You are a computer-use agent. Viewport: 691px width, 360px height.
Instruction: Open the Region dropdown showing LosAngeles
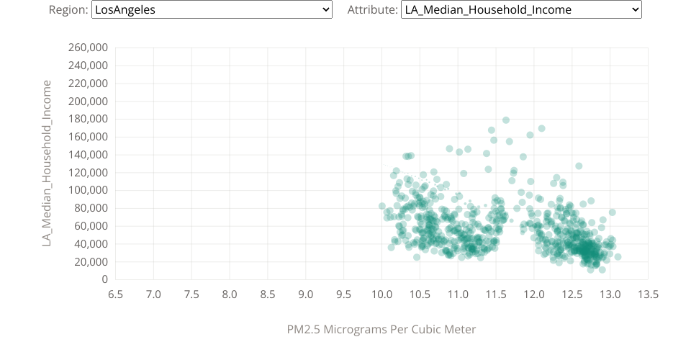212,9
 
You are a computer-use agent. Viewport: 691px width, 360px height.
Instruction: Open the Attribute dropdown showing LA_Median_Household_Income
520,9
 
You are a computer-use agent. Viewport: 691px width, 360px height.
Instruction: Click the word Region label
68,9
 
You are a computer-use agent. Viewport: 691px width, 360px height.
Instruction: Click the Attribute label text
371,9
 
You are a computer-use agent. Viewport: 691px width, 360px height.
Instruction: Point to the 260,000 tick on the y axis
87,48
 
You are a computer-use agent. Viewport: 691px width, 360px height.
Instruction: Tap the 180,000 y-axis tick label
87,119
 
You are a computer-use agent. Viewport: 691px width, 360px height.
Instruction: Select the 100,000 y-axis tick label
87,190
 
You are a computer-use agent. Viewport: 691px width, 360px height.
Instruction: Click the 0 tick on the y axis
104,279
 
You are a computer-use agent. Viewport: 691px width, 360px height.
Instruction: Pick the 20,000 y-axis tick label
90,261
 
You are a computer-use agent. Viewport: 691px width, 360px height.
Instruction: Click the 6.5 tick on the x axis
115,294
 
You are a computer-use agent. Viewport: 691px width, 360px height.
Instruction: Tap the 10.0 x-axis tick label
381,294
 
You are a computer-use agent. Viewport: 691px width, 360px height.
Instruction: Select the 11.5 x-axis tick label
496,294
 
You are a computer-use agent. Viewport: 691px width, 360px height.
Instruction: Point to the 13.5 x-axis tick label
648,294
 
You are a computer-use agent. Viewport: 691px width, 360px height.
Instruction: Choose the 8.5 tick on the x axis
268,294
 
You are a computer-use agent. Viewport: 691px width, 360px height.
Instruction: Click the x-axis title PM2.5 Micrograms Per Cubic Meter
381,329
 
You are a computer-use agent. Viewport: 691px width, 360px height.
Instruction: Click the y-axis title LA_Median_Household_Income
48,163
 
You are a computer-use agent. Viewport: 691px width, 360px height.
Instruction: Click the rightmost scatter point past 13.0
618,257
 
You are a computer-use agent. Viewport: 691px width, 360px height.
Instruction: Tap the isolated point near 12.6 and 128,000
579,166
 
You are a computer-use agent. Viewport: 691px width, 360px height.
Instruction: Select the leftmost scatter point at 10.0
382,206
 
